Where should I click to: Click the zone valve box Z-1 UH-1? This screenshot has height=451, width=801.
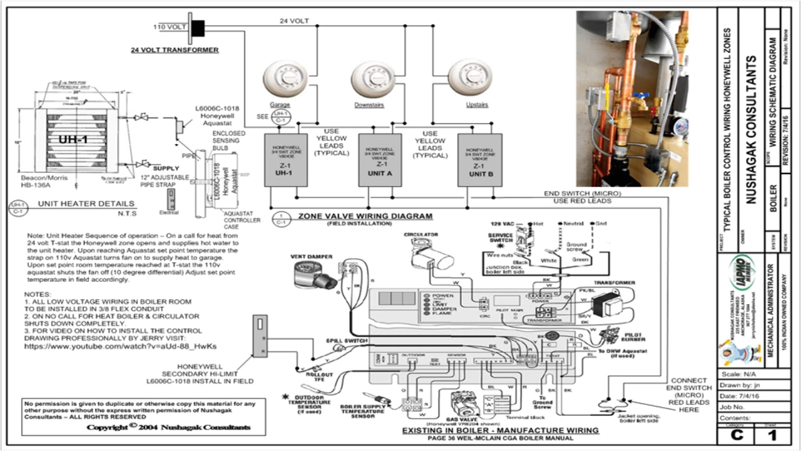pyautogui.click(x=285, y=160)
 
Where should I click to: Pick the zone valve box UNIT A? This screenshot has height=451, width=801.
pyautogui.click(x=380, y=160)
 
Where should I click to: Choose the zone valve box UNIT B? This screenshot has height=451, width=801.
pyautogui.click(x=480, y=160)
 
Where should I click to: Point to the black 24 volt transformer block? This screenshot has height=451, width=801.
pyautogui.click(x=198, y=27)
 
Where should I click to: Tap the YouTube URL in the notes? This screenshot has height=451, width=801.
pyautogui.click(x=120, y=346)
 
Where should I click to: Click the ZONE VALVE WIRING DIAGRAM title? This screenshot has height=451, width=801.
pyautogui.click(x=365, y=216)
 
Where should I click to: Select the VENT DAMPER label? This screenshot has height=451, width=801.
pyautogui.click(x=311, y=257)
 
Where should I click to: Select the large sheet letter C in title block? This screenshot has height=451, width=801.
pyautogui.click(x=736, y=435)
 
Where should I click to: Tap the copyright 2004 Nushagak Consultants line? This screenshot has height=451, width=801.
pyautogui.click(x=168, y=427)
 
